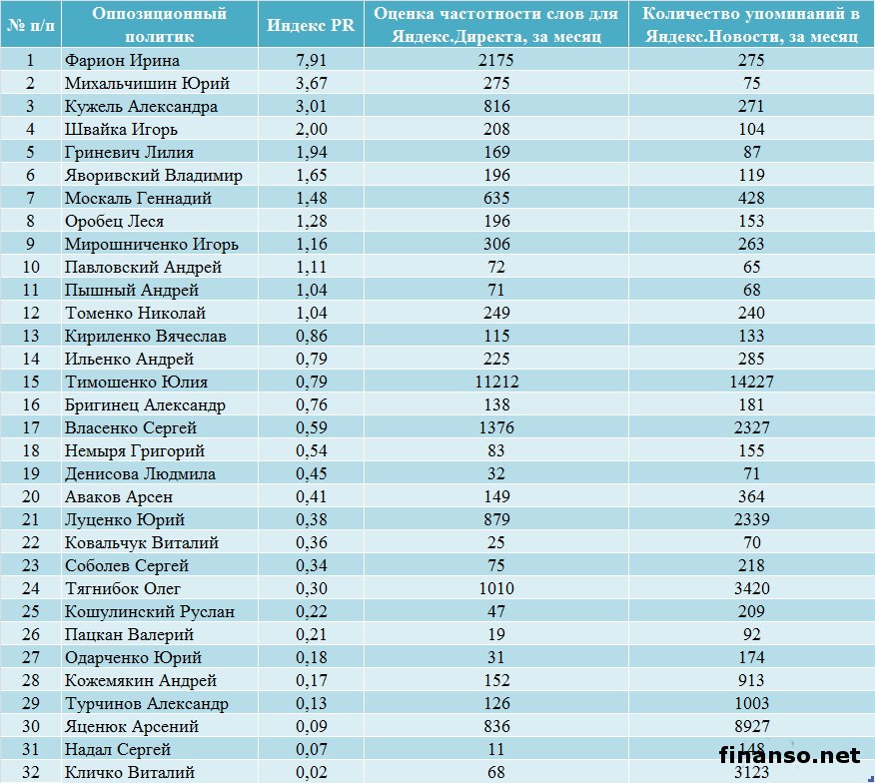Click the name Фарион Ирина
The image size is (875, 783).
(122, 61)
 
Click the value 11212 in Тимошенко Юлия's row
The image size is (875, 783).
(495, 382)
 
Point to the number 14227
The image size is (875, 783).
(751, 382)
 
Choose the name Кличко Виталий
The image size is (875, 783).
(129, 772)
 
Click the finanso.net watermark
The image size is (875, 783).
(789, 755)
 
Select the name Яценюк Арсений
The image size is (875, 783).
(131, 726)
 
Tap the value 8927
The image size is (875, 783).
(751, 726)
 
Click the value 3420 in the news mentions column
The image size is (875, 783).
(751, 588)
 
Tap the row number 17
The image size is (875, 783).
(30, 427)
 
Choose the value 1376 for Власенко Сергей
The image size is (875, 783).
(495, 427)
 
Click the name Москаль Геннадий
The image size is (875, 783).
(138, 199)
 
